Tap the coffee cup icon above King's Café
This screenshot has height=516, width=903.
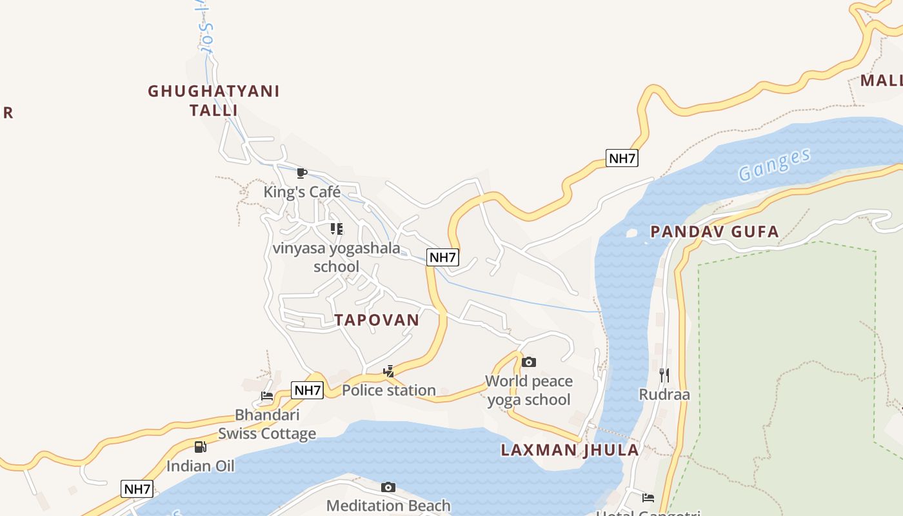click(x=301, y=172)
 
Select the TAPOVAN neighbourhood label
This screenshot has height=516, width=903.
click(x=377, y=320)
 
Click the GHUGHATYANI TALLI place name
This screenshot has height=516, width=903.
click(x=213, y=101)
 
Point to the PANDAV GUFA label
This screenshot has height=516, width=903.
click(x=715, y=232)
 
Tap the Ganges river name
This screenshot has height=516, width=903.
click(x=774, y=164)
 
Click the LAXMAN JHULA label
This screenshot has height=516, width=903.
click(x=570, y=450)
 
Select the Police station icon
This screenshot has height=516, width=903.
click(x=388, y=371)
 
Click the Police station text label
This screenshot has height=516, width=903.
click(x=388, y=390)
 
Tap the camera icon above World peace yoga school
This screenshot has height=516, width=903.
click(x=528, y=362)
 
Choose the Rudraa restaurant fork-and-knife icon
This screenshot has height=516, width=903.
click(x=664, y=375)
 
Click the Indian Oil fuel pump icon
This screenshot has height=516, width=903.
click(x=200, y=446)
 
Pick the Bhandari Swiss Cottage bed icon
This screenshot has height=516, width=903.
click(x=267, y=395)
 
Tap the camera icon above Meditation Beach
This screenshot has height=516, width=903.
click(x=388, y=487)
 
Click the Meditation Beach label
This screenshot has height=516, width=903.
click(x=388, y=505)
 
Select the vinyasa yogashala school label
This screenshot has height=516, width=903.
click(x=336, y=257)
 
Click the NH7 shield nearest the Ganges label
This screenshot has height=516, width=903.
click(x=622, y=158)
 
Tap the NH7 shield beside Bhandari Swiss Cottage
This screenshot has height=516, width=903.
click(x=307, y=390)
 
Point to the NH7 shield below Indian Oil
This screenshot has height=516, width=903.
click(x=137, y=489)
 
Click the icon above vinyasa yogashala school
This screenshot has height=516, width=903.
click(x=336, y=228)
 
